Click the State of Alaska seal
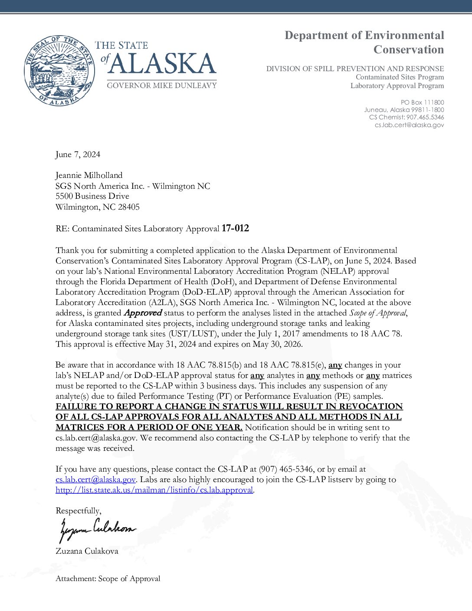click(59, 71)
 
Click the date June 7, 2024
click(78, 154)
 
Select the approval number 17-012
click(235, 228)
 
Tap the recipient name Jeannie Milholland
click(89, 175)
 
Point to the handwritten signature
click(96, 529)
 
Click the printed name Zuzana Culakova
click(87, 551)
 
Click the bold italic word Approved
click(143, 313)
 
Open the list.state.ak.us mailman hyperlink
click(154, 490)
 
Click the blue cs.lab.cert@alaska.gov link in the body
click(95, 480)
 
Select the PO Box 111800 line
click(422, 102)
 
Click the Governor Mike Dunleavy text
click(161, 85)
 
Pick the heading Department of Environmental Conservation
click(364, 42)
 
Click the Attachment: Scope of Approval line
click(108, 578)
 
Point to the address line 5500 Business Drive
click(92, 196)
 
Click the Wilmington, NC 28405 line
click(97, 207)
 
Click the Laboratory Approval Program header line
click(397, 85)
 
